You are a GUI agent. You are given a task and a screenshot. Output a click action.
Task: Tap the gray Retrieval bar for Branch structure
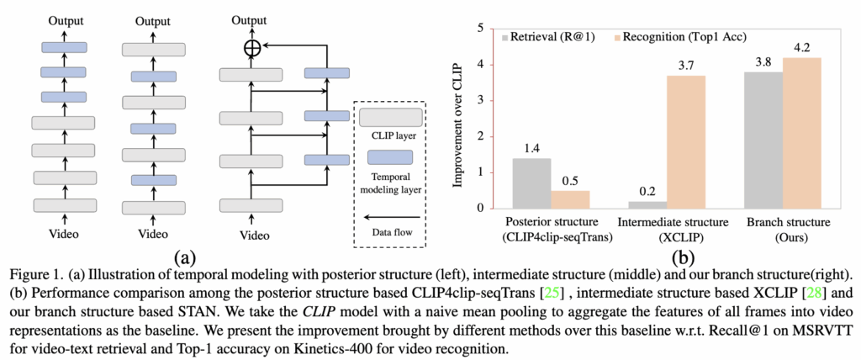click(763, 140)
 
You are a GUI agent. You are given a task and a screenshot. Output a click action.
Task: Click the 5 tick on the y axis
click(481, 28)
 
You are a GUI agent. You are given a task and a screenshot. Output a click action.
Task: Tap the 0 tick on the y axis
click(481, 209)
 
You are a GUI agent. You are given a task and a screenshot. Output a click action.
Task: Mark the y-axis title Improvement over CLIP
click(460, 119)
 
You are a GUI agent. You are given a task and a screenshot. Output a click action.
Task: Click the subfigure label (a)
click(187, 255)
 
